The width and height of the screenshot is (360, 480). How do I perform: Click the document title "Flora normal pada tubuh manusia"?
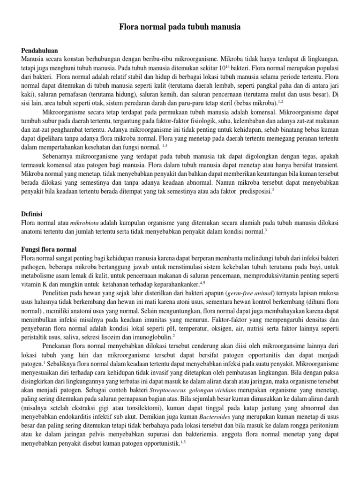click(x=180, y=28)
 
